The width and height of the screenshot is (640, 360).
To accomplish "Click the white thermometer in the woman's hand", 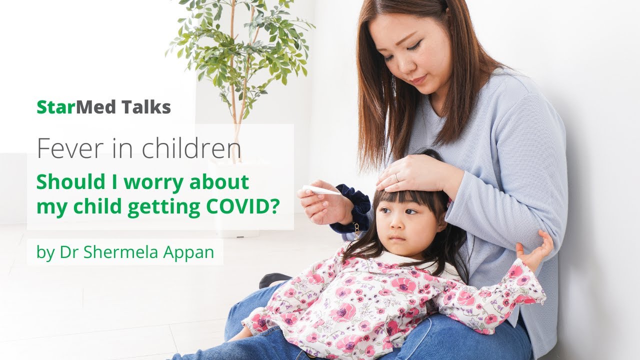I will coord(321,190).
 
